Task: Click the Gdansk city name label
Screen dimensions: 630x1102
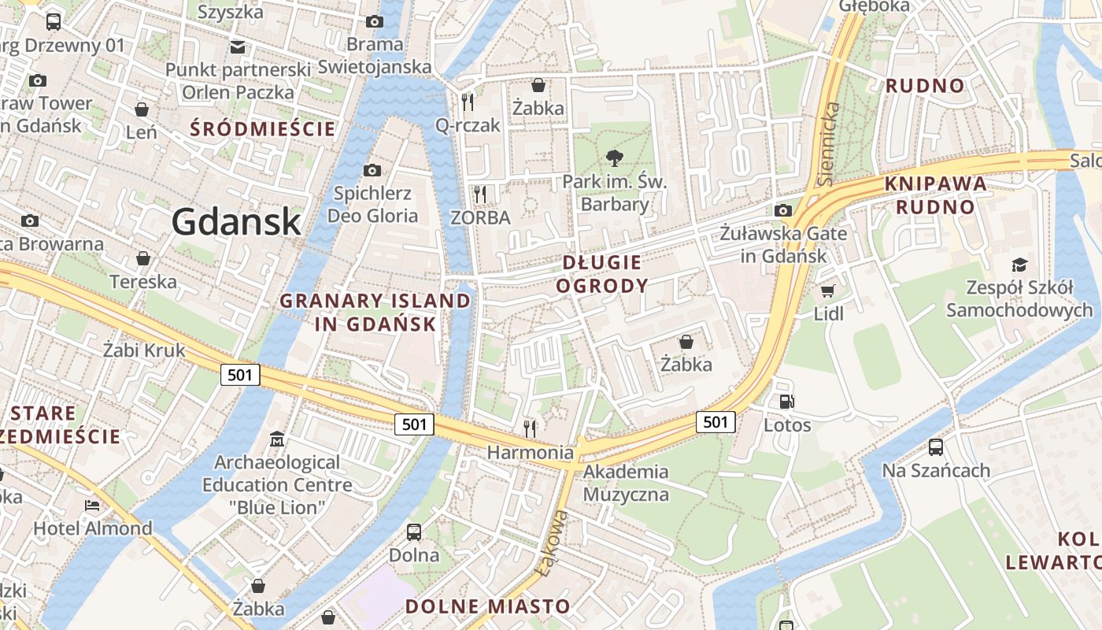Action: (x=236, y=221)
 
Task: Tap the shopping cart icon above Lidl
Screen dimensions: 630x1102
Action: (x=827, y=291)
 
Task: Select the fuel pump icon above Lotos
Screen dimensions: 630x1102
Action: (x=786, y=402)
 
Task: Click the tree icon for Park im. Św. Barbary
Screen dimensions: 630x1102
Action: (x=615, y=158)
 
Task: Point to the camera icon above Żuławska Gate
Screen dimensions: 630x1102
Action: (x=783, y=210)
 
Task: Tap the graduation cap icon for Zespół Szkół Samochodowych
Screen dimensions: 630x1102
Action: (x=1019, y=265)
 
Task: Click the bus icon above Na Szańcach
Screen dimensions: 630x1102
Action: (x=936, y=447)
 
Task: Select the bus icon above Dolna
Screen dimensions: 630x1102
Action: (x=414, y=532)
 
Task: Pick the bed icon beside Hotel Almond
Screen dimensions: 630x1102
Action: (x=93, y=505)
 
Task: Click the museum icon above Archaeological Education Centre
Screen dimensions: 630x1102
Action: (x=277, y=438)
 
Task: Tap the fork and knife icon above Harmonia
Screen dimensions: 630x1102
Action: (x=531, y=428)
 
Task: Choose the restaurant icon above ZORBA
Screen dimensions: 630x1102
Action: (x=479, y=194)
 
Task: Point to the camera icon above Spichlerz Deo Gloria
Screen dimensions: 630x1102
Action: (x=372, y=170)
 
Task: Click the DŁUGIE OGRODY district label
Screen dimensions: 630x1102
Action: (x=602, y=273)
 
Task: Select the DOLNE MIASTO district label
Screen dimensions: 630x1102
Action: (x=487, y=606)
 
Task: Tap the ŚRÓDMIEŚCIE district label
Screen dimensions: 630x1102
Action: (x=263, y=128)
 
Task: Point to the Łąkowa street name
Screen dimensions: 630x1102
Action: (x=550, y=543)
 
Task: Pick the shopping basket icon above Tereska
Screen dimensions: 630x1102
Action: (x=143, y=258)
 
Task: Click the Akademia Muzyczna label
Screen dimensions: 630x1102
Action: (x=626, y=484)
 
